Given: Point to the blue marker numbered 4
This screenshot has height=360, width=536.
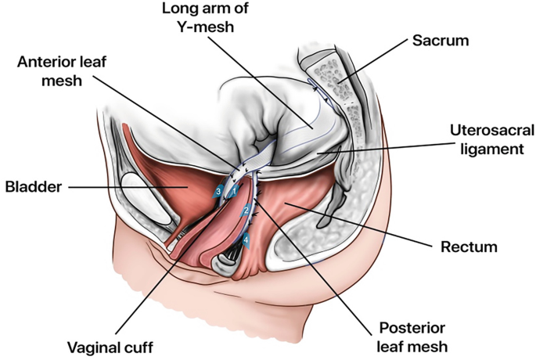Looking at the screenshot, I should click(247, 239).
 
